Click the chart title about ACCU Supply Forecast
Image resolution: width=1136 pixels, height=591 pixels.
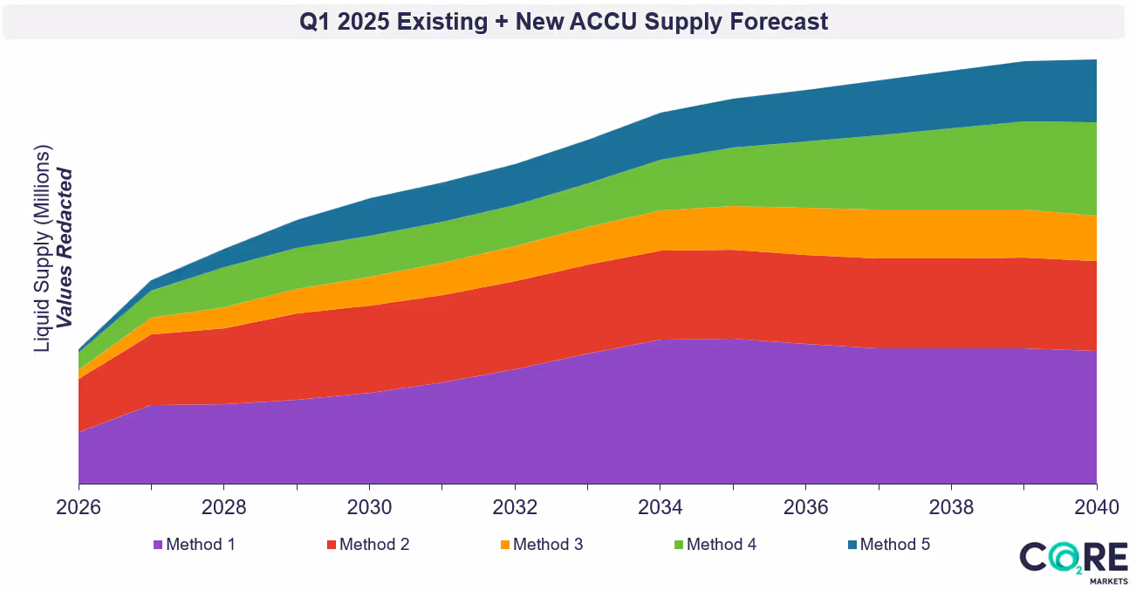point(564,22)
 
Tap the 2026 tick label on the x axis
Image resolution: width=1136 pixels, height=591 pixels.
point(79,508)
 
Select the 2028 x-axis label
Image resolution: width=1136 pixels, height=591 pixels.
point(224,508)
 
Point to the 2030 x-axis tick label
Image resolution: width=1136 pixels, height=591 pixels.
point(370,508)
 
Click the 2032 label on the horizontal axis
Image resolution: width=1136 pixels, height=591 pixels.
point(516,508)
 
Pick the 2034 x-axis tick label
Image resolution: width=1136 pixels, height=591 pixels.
point(660,508)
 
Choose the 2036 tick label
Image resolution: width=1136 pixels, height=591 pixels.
point(806,508)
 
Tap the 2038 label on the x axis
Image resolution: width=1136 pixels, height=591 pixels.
point(951,508)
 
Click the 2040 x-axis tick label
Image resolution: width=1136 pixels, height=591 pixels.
point(1095,508)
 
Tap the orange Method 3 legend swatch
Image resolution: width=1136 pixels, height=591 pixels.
point(505,545)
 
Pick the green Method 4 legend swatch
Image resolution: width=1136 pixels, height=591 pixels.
point(679,545)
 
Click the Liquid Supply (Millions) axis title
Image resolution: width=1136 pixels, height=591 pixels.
point(42,249)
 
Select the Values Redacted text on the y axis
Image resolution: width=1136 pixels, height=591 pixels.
point(65,249)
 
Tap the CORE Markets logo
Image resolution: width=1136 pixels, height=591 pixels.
point(1074,561)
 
